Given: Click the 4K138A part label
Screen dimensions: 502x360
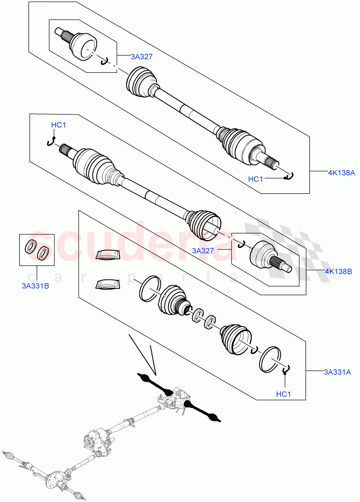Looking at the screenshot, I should pyautogui.click(x=341, y=172).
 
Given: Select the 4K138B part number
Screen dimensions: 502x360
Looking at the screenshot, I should pyautogui.click(x=338, y=271).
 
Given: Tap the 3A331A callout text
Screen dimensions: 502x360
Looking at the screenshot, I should pyautogui.click(x=338, y=371).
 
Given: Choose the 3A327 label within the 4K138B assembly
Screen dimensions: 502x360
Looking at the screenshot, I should pyautogui.click(x=204, y=251).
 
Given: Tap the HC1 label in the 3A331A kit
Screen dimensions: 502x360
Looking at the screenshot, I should pyautogui.click(x=284, y=394).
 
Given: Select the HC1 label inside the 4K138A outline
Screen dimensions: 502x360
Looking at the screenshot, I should pyautogui.click(x=255, y=179).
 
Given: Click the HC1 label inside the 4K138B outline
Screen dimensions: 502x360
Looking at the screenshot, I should pyautogui.click(x=59, y=125).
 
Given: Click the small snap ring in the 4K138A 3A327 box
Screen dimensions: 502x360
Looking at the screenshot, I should pyautogui.click(x=105, y=61).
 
